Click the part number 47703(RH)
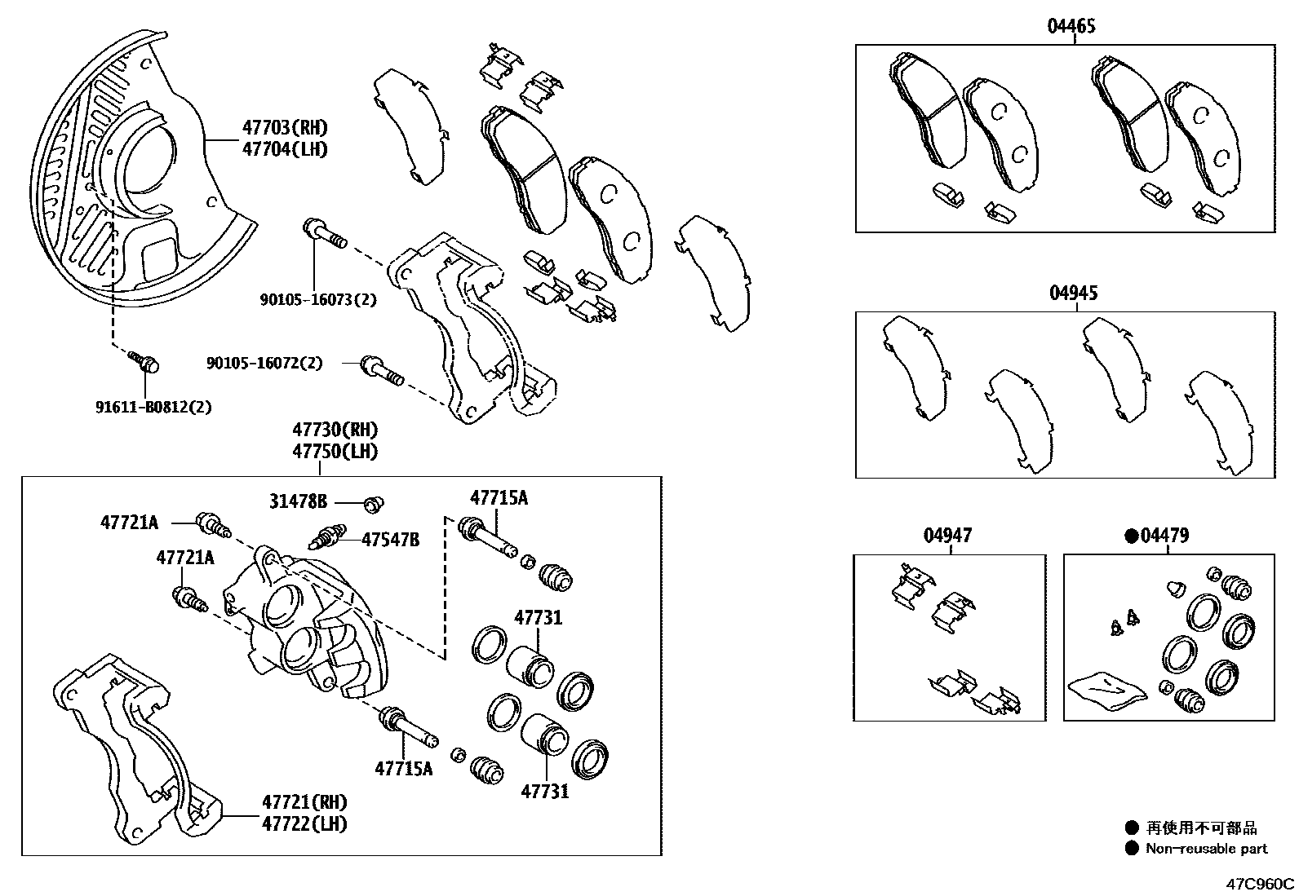tap(284, 127)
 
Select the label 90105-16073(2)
tap(318, 299)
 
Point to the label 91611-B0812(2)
tap(153, 406)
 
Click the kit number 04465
tap(1071, 26)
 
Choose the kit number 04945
tap(1073, 293)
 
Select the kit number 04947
tap(947, 536)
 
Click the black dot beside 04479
tap(1131, 536)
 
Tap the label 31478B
tap(298, 501)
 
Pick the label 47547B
tap(390, 539)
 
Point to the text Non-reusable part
tap(1206, 849)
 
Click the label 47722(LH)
tap(304, 823)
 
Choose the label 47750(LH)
tap(335, 451)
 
